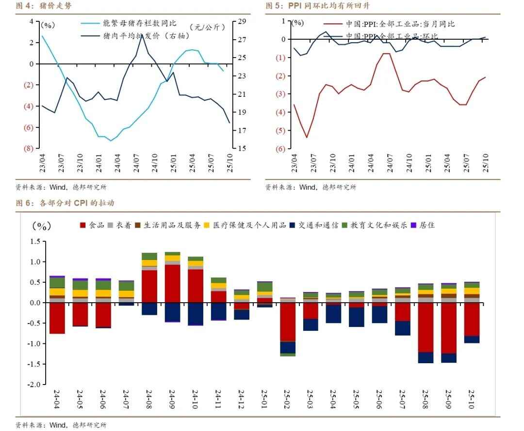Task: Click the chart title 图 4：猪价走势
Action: (x=44, y=6)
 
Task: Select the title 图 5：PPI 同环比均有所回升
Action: (x=318, y=6)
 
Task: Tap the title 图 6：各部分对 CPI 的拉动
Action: (x=65, y=203)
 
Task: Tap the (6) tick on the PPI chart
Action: (x=280, y=149)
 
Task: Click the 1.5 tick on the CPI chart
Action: (x=35, y=241)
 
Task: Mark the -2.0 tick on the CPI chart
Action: (x=34, y=385)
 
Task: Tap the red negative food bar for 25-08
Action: (x=426, y=327)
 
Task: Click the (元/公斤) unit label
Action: (x=208, y=27)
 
